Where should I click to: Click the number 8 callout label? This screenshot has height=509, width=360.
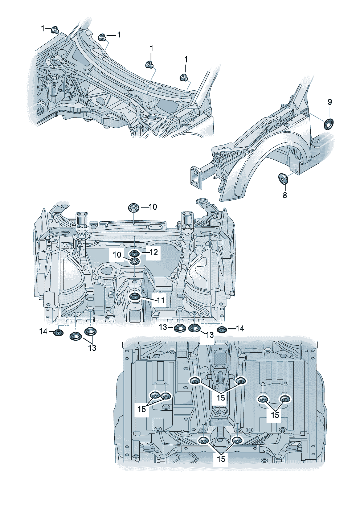285,195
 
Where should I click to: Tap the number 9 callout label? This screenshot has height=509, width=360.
330,102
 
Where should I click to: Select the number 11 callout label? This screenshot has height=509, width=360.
160,300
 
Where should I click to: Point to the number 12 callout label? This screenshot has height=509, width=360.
154,252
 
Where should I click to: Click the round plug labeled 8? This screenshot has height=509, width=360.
283,178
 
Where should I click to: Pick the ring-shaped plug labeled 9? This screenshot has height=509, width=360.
329,124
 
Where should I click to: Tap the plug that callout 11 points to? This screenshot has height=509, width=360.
135,297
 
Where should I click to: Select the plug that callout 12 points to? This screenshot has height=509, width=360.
134,254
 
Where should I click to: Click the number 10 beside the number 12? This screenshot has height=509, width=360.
117,255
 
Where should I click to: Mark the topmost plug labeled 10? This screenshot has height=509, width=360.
134,209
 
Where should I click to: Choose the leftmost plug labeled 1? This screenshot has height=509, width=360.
55,29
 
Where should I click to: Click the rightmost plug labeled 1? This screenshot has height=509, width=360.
184,77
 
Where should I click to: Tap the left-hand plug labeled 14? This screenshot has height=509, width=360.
58,333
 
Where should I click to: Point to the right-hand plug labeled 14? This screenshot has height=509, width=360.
221,330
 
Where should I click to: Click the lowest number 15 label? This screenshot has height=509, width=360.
221,459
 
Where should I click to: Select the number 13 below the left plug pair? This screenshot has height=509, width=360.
92,348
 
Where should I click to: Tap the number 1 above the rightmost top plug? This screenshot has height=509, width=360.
186,59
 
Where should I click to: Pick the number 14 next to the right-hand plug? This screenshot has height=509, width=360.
240,329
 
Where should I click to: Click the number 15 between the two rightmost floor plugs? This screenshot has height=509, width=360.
275,414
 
